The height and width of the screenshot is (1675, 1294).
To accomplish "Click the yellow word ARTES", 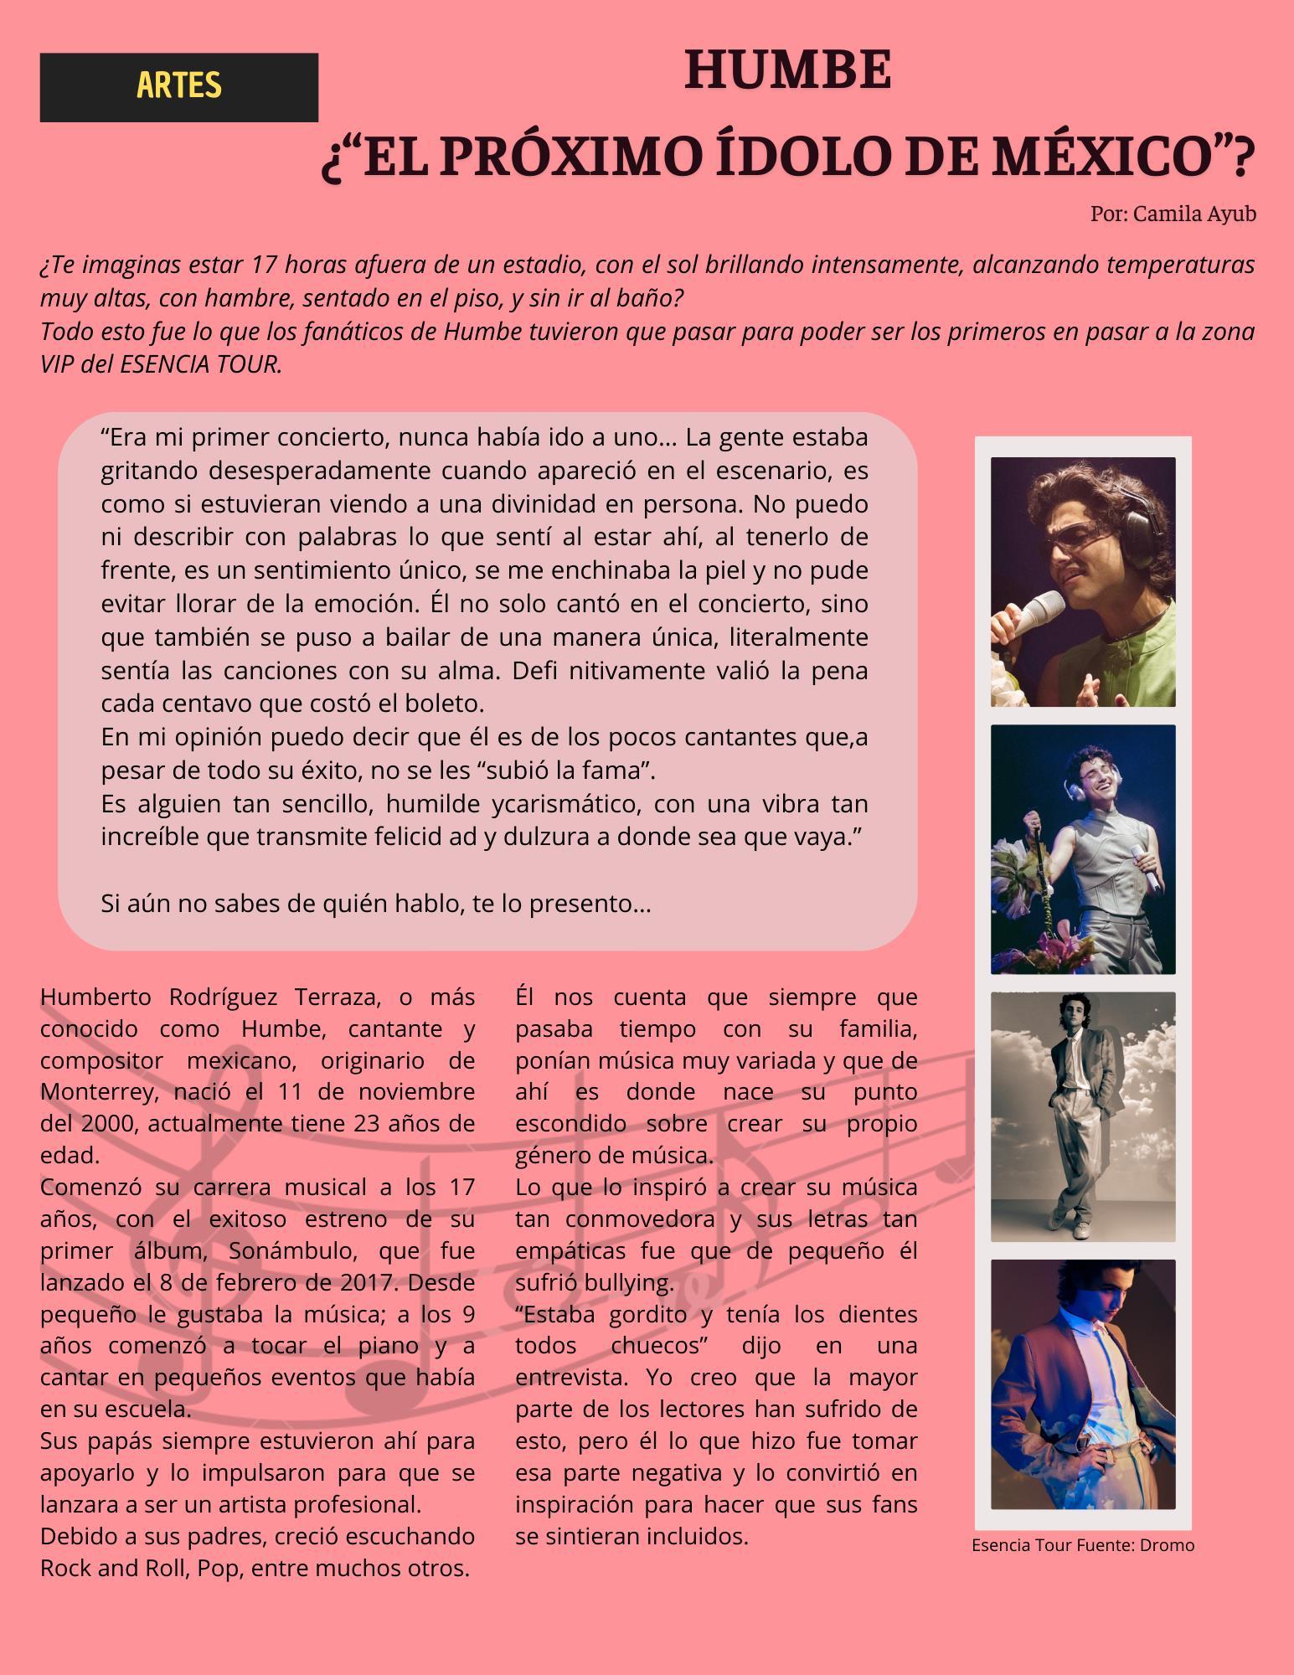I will pos(178,85).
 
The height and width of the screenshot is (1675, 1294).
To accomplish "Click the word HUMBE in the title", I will pos(787,70).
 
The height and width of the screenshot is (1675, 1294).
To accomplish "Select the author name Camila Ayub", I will pos(1193,214).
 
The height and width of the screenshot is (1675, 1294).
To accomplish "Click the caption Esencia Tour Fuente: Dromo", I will pos(1082,1545).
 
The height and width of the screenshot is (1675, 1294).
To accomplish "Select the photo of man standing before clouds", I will pos(1082,1116).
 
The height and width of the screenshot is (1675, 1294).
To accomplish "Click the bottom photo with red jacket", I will pos(1082,1384).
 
